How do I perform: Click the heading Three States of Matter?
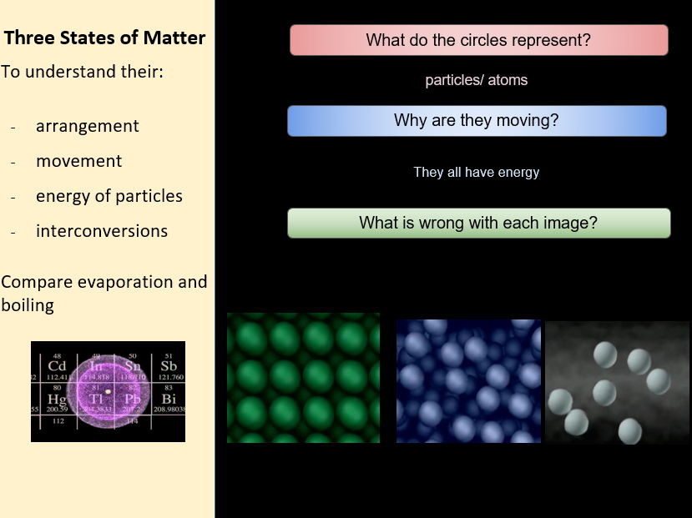(104, 38)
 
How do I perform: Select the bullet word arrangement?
(87, 126)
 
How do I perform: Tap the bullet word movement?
(78, 161)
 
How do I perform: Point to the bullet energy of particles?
(109, 196)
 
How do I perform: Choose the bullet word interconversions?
(101, 231)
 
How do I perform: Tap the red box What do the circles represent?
(478, 40)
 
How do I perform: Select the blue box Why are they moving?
(476, 120)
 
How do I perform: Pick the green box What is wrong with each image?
(478, 223)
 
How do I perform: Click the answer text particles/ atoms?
(476, 81)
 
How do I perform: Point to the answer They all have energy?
(476, 173)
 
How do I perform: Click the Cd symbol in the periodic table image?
(57, 366)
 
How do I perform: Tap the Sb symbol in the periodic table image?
(169, 366)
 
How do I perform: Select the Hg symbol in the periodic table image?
(57, 399)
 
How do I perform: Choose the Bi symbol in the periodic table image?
(169, 399)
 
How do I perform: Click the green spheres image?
(303, 378)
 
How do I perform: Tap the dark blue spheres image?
(468, 381)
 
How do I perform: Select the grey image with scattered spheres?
(617, 383)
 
